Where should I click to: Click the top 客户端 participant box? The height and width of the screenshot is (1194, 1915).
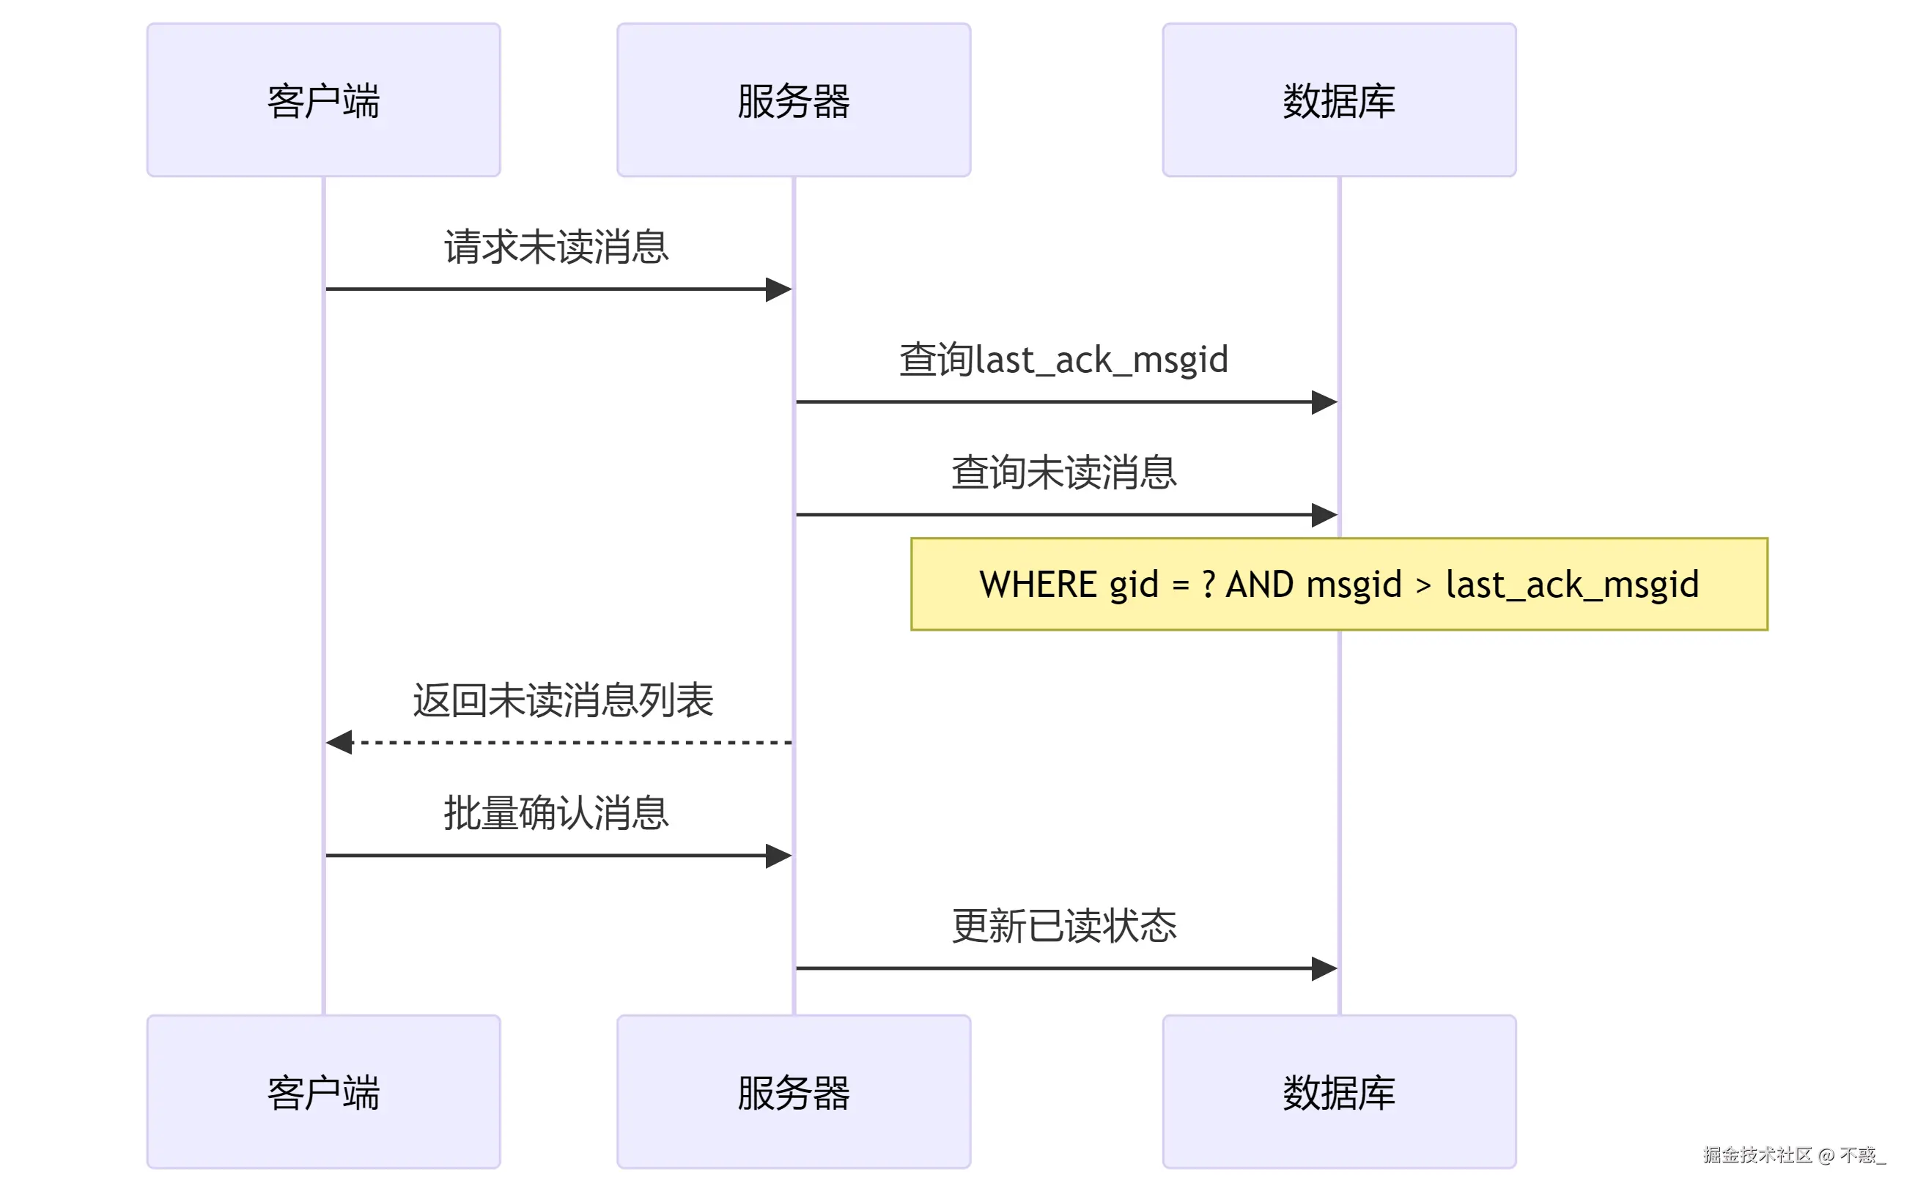click(x=323, y=100)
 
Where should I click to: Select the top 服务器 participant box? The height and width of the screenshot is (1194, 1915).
click(x=793, y=100)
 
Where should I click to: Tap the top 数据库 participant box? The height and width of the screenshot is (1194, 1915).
click(x=1338, y=100)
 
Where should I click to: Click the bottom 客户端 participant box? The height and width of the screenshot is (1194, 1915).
click(x=323, y=1091)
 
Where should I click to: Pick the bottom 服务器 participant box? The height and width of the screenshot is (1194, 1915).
click(x=793, y=1091)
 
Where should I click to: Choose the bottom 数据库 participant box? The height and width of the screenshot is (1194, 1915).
click(x=1338, y=1091)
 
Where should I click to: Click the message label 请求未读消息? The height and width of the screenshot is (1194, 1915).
click(x=556, y=247)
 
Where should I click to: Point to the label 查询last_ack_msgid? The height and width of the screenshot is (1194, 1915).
click(x=1063, y=360)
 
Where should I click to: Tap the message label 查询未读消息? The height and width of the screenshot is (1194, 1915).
click(x=1063, y=472)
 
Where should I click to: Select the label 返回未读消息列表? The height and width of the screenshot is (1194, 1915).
click(x=563, y=700)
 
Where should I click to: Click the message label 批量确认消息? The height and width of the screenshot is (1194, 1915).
click(x=556, y=812)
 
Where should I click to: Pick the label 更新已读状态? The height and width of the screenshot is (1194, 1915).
click(x=1063, y=925)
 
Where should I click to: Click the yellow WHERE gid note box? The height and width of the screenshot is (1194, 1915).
click(x=1338, y=585)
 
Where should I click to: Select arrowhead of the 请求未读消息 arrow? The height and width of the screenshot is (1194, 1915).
click(x=779, y=289)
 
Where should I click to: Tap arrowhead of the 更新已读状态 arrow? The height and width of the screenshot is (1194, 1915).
click(x=1324, y=968)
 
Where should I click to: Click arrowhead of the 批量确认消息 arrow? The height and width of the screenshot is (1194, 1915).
click(x=779, y=856)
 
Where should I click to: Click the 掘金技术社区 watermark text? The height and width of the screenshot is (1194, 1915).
click(x=1757, y=1155)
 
